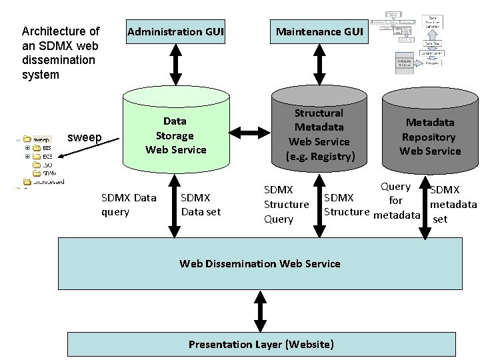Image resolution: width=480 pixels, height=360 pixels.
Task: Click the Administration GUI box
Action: [x=175, y=32]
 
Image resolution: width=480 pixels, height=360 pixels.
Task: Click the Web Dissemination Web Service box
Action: [x=260, y=263]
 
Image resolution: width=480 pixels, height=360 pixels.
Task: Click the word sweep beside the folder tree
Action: [x=85, y=139]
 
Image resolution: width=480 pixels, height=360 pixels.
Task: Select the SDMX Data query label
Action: [x=128, y=205]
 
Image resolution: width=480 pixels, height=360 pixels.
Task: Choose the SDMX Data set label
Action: [x=195, y=205]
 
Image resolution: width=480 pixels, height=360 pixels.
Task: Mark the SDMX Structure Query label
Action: [x=287, y=204]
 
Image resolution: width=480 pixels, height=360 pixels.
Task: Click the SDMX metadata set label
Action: [x=453, y=204]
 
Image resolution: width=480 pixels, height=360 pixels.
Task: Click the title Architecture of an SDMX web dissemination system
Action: [x=61, y=53]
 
